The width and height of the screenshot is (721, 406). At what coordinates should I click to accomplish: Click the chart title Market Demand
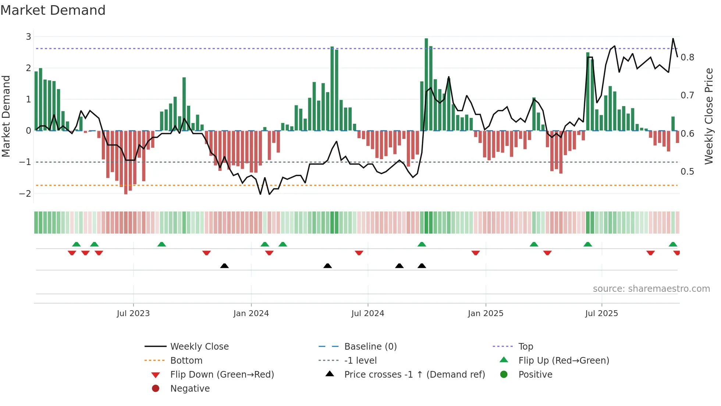[53, 10]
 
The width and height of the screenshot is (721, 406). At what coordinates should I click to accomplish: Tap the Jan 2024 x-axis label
[251, 314]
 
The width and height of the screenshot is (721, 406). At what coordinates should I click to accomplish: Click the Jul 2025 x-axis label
[601, 314]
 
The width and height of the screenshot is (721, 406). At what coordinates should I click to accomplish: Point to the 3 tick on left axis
[28, 36]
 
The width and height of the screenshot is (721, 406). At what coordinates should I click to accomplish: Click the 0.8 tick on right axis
[687, 57]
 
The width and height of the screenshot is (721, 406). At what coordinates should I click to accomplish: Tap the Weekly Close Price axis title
[708, 116]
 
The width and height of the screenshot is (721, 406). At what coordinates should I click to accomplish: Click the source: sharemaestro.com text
[651, 289]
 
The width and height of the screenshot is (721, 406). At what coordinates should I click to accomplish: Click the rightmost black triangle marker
[422, 266]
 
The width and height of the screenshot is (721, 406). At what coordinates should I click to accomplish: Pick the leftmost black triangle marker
[224, 266]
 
